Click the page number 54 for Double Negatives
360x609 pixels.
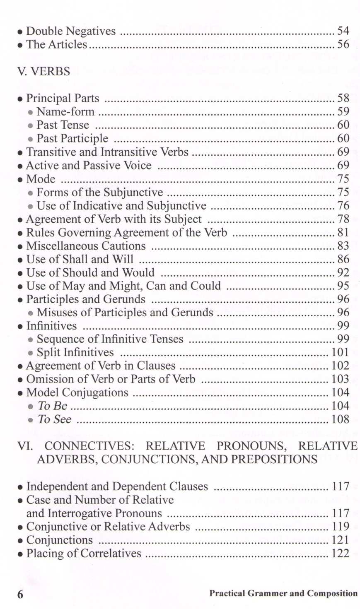pos(343,31)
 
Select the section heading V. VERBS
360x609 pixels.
pos(43,72)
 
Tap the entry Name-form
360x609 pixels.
pos(65,112)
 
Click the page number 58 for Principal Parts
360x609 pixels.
pos(343,98)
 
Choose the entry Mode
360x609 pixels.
pos(41,179)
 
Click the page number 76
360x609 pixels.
pos(343,206)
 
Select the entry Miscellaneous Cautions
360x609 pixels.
pos(86,246)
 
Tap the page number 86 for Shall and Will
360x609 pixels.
pos(343,259)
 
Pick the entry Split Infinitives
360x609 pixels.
pos(75,352)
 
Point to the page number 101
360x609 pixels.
pos(341,352)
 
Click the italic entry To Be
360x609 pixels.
pos(52,406)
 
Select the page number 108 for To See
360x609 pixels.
pos(341,419)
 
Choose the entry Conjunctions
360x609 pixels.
pos(60,540)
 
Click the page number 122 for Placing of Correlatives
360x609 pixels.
pos(341,554)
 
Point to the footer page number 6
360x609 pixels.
pos(20,594)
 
